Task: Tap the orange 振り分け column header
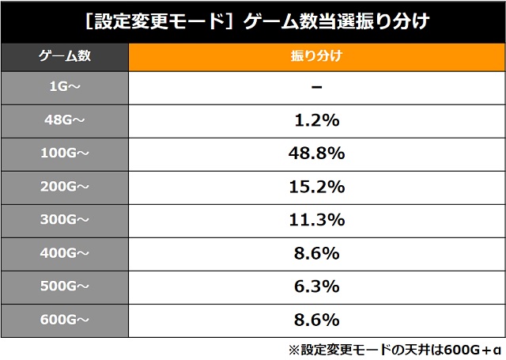(x=315, y=58)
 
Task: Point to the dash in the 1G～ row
(x=315, y=87)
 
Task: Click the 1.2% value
(x=315, y=120)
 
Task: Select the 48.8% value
(x=315, y=153)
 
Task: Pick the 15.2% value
(x=315, y=187)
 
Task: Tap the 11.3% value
(x=315, y=220)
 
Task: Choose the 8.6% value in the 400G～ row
(x=315, y=253)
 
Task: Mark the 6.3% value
(x=315, y=286)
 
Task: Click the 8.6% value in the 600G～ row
(x=315, y=320)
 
